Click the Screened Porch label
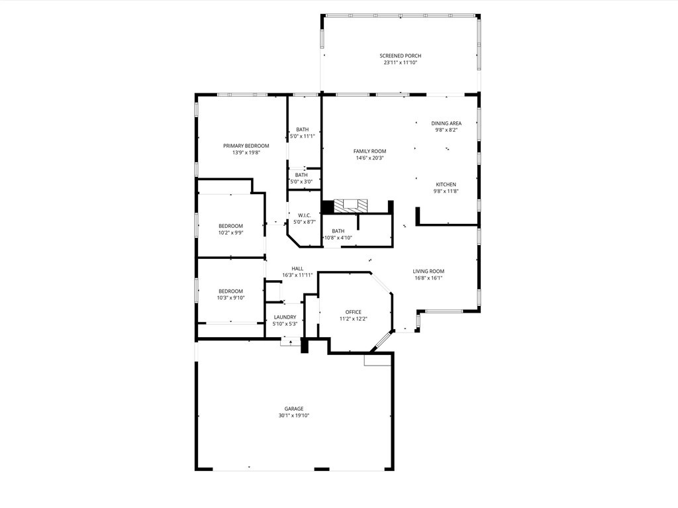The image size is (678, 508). click(x=400, y=56)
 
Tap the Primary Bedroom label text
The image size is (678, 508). click(x=246, y=146)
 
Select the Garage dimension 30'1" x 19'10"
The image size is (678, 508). click(x=294, y=416)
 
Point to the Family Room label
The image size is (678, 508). click(x=369, y=151)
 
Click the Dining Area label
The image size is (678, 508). click(x=446, y=123)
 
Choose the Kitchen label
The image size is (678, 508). click(x=446, y=184)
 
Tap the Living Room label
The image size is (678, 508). click(x=428, y=271)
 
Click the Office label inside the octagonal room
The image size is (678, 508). click(x=353, y=312)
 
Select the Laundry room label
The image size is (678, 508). click(x=285, y=317)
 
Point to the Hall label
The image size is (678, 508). click(x=297, y=268)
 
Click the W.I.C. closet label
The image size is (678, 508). click(x=305, y=215)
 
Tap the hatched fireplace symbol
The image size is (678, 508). click(x=348, y=205)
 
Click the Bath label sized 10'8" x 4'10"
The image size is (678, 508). click(x=338, y=231)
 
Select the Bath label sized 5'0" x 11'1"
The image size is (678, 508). click(x=302, y=129)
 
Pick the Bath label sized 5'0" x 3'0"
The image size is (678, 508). click(x=301, y=175)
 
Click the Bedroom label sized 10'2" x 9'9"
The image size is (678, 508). click(x=230, y=226)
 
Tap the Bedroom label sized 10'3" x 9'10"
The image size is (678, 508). click(x=231, y=291)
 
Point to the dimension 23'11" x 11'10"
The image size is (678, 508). click(x=400, y=63)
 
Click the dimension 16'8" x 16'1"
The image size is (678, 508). click(x=428, y=278)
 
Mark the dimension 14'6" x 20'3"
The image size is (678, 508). click(x=369, y=158)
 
